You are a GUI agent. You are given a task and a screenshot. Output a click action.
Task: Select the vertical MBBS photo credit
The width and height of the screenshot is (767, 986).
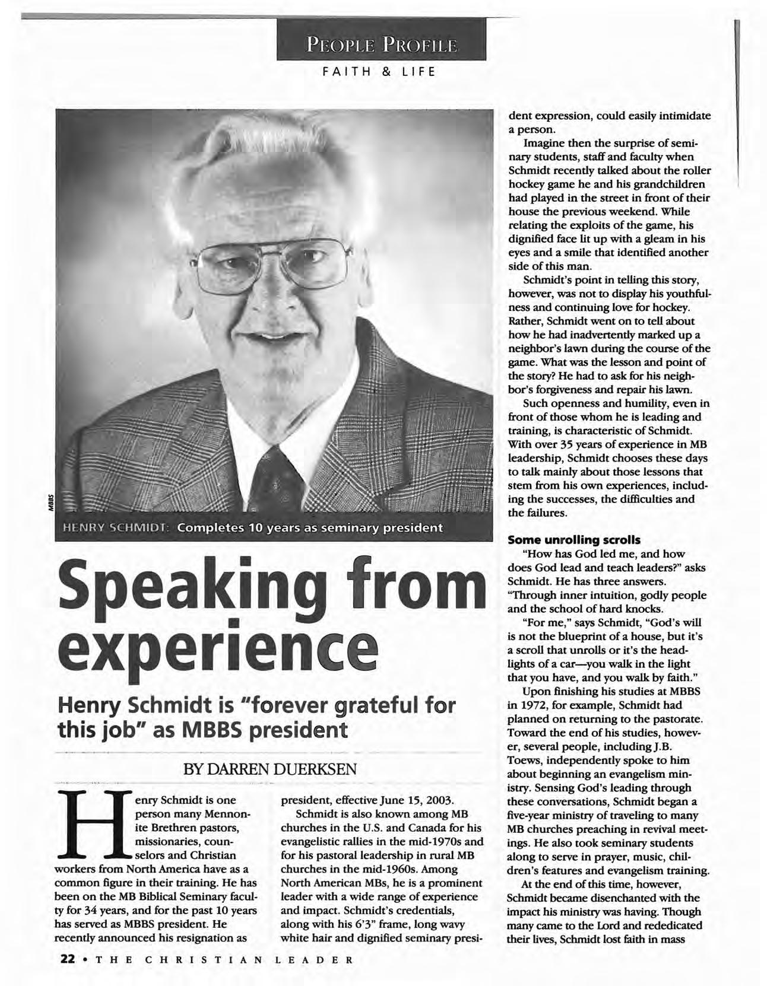(51, 501)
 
